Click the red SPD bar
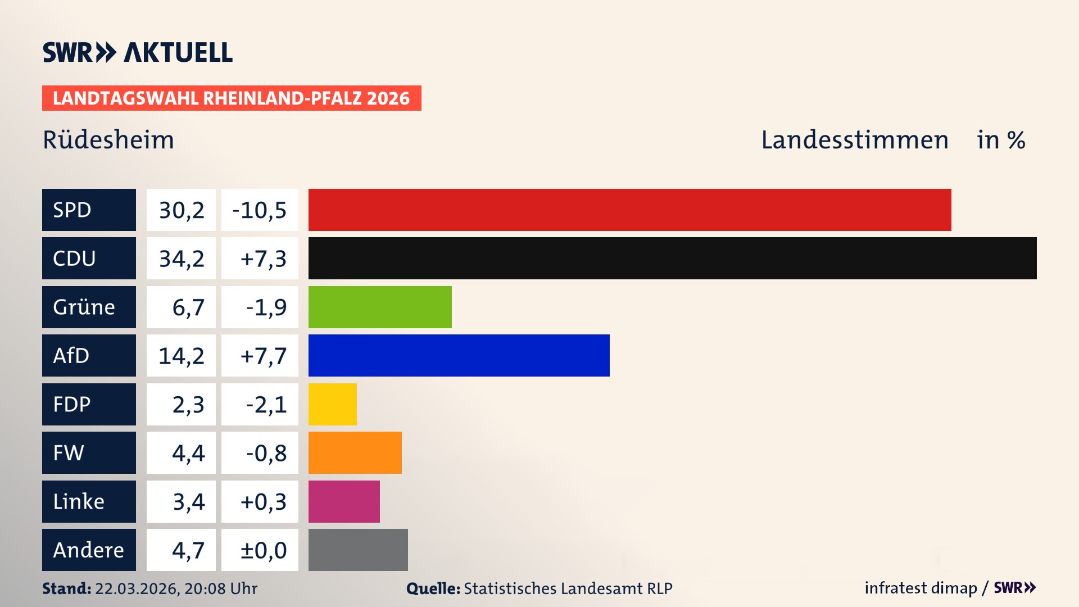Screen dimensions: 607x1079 click(629, 210)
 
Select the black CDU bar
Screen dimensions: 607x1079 click(672, 258)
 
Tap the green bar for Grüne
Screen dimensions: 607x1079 click(380, 307)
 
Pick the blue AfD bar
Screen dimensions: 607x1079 click(459, 355)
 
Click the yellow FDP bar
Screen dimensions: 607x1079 click(332, 404)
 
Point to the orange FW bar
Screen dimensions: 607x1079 click(355, 452)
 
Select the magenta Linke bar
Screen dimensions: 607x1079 click(344, 501)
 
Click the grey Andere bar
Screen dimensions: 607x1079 click(358, 550)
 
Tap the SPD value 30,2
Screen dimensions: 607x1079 click(181, 210)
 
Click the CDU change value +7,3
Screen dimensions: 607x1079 click(262, 259)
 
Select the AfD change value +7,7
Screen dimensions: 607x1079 click(262, 356)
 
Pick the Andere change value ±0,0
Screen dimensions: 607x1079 click(262, 550)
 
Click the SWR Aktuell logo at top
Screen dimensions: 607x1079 click(138, 52)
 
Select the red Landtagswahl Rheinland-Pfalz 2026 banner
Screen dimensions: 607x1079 click(231, 98)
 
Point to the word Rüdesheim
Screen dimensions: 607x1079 click(108, 140)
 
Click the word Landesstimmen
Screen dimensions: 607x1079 click(854, 140)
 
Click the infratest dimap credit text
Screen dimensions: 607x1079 click(921, 588)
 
